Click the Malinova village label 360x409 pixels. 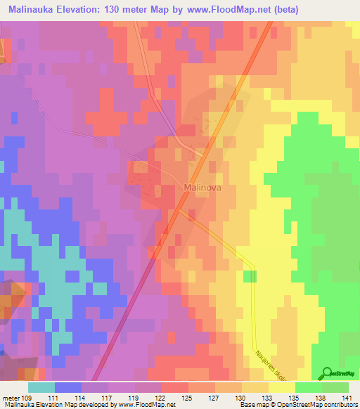(x=204, y=188)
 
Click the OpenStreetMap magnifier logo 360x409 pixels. (x=326, y=373)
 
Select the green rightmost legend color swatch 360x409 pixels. (x=335, y=387)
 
